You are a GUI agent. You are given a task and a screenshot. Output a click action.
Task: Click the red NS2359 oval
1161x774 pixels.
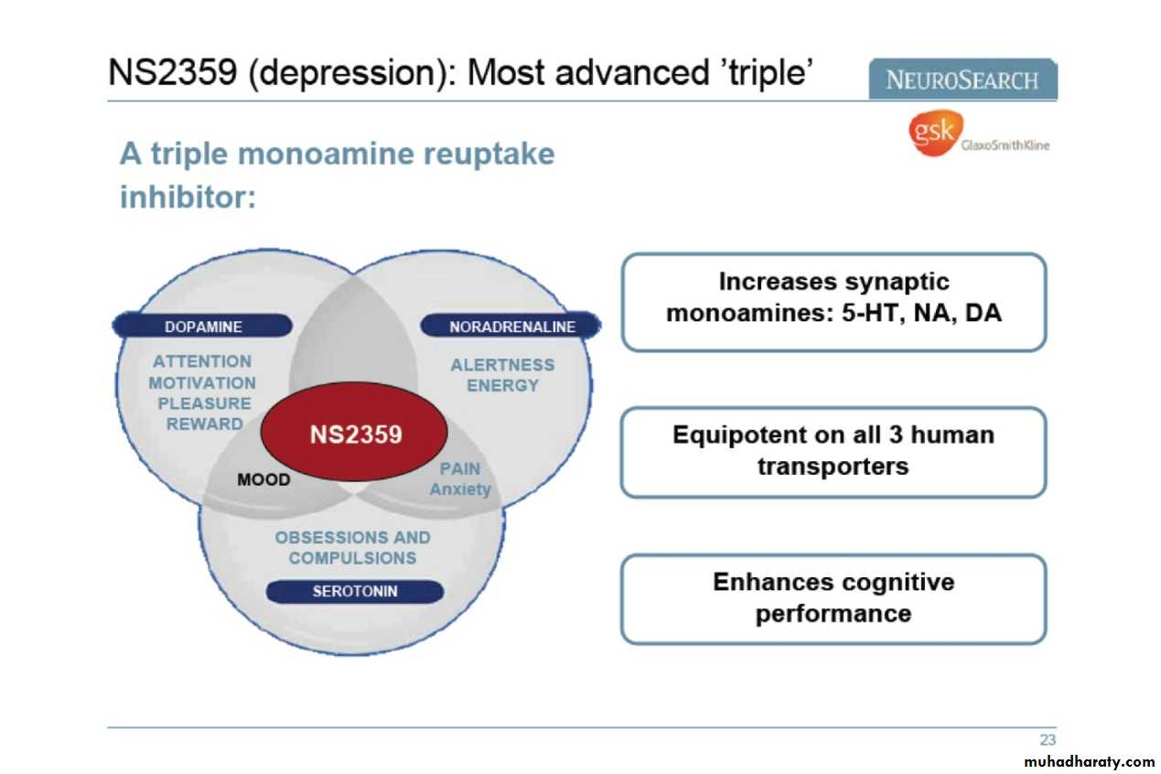point(354,433)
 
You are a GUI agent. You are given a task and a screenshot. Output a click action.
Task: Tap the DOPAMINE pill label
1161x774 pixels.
point(203,327)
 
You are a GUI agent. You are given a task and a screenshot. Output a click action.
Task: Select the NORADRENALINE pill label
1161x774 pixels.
point(511,327)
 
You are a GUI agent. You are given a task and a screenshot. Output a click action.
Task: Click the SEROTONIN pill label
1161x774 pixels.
point(355,591)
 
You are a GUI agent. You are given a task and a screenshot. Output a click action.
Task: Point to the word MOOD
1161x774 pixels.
point(263,479)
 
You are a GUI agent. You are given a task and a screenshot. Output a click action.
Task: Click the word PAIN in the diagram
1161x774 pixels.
point(459,468)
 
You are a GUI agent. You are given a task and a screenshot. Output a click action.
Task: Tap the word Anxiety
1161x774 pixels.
point(460,489)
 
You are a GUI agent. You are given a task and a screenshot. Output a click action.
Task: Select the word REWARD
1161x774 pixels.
point(205,424)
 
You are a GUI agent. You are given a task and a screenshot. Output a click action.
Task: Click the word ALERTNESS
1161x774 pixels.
point(502,364)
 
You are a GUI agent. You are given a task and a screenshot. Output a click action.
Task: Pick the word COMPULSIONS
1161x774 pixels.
point(352,558)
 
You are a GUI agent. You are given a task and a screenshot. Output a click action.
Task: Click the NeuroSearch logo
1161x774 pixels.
point(962,80)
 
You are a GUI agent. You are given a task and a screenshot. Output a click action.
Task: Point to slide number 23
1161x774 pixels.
point(1047,739)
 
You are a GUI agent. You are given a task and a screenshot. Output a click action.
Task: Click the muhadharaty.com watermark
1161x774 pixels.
point(1089,761)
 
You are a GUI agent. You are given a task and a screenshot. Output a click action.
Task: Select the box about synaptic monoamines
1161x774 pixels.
point(833,301)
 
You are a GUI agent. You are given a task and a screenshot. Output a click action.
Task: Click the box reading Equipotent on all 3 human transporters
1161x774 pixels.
point(833,451)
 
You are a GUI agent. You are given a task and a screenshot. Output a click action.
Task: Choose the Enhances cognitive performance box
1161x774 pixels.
point(833,598)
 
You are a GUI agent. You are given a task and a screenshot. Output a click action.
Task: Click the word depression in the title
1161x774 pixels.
point(349,71)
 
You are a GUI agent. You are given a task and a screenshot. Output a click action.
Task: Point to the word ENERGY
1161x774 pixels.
point(502,385)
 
